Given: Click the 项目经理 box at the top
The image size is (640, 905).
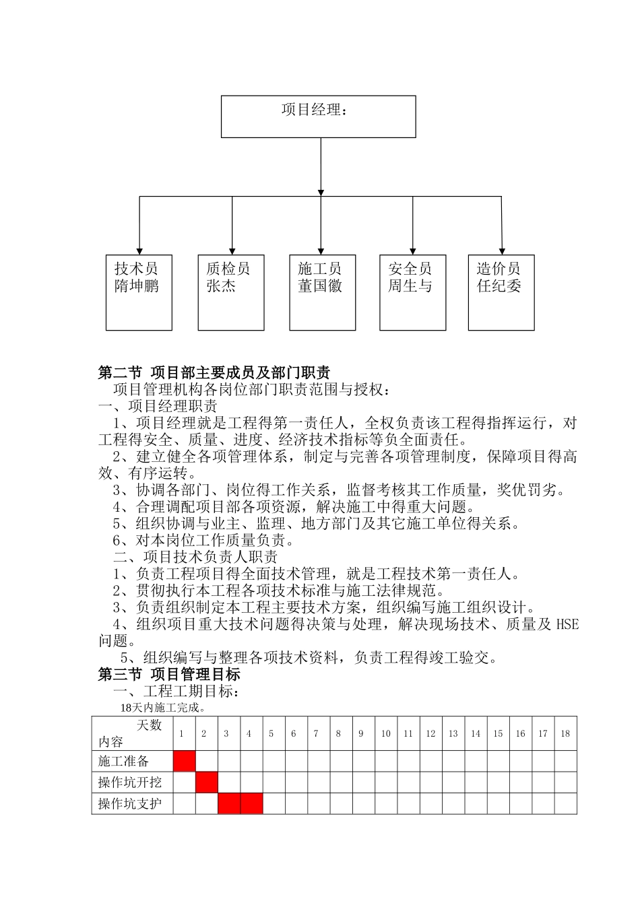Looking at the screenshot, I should [x=319, y=116].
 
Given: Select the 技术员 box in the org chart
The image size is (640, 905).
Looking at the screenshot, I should [x=139, y=292].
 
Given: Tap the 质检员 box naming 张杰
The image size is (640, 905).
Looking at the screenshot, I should [x=231, y=292].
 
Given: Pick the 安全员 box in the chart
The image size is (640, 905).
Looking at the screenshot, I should [x=412, y=292].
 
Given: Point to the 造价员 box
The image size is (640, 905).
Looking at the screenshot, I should [x=501, y=292].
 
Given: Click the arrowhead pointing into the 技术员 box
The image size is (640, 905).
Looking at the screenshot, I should [x=139, y=250].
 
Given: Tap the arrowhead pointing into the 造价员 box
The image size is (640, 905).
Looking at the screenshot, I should [x=502, y=250].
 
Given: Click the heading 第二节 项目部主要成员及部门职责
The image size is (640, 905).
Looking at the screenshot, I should [x=214, y=372].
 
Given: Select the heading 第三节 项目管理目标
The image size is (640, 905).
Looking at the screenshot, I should [x=169, y=674].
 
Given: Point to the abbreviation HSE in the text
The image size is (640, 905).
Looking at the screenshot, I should [x=567, y=624].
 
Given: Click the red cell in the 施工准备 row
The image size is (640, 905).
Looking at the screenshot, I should [x=185, y=761].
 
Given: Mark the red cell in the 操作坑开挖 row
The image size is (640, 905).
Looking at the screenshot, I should [x=207, y=782].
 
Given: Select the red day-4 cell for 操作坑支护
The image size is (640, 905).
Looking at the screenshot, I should [x=251, y=803].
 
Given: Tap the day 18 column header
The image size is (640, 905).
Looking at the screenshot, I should [x=565, y=733].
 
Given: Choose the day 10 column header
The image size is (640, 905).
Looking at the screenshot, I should [x=385, y=733].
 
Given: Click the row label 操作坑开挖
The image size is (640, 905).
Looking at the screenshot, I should [x=130, y=782].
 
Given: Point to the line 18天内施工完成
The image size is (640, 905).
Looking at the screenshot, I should [x=163, y=708].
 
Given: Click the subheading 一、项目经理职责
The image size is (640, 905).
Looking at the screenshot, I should [x=158, y=406].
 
